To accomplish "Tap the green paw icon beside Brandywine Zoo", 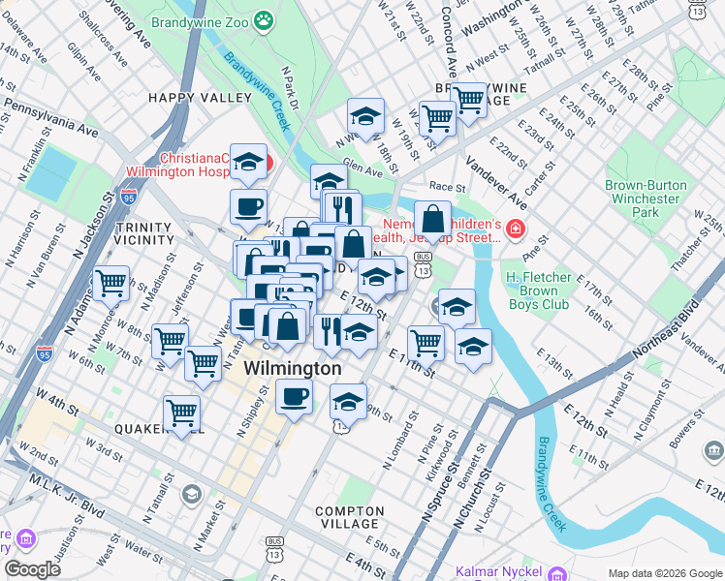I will click(x=263, y=19).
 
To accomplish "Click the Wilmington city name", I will click(x=292, y=369).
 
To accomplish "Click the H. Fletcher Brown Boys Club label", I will click(x=545, y=290).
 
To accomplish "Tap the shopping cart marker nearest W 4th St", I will click(x=181, y=412).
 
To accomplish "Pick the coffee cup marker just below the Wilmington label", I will click(x=295, y=396).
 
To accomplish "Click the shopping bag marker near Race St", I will click(x=432, y=219).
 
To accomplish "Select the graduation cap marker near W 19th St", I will click(x=365, y=116).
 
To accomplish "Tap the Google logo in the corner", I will click(x=32, y=569).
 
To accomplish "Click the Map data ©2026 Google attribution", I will click(x=665, y=573).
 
